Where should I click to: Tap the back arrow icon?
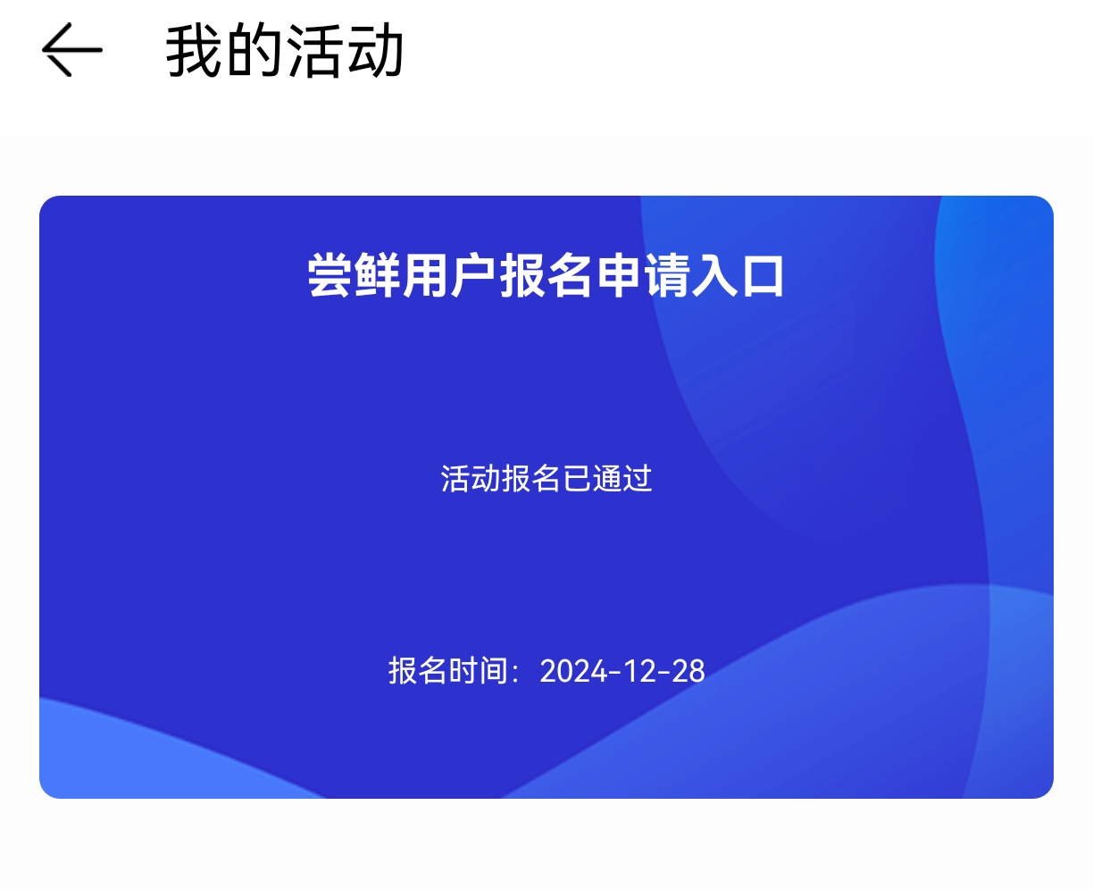(x=71, y=50)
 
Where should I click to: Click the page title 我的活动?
(x=285, y=51)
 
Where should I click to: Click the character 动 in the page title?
(x=376, y=51)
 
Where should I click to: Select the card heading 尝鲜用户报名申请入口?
(x=546, y=275)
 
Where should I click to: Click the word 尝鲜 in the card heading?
(x=355, y=275)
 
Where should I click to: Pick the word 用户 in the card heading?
(x=450, y=275)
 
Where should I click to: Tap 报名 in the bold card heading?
(x=546, y=275)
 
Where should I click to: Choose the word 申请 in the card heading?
(x=641, y=275)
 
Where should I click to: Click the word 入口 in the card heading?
(x=737, y=275)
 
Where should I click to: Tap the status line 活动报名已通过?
(x=546, y=479)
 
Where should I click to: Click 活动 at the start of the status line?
(x=471, y=479)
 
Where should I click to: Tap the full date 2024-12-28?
(x=622, y=671)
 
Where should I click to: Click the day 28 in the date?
(x=688, y=671)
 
